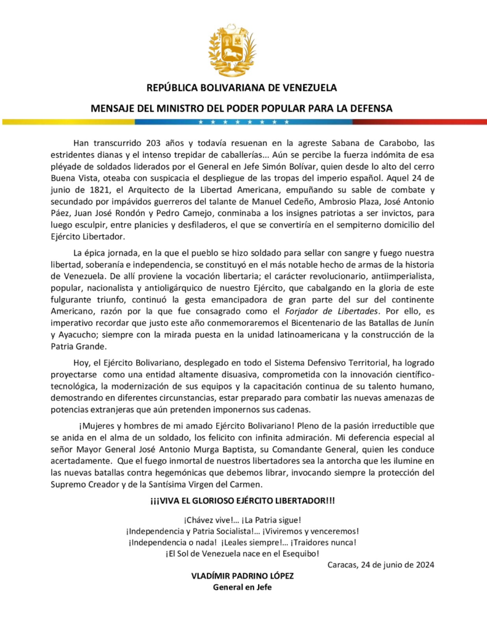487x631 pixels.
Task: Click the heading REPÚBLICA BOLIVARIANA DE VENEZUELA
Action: click(x=241, y=88)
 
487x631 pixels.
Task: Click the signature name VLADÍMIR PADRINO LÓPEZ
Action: click(x=243, y=576)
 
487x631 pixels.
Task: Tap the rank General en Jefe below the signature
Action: click(x=243, y=587)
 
